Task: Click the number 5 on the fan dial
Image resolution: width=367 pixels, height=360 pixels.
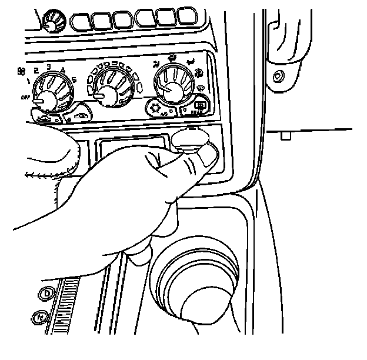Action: point(74,79)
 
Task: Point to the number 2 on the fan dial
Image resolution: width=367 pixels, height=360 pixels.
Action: point(36,71)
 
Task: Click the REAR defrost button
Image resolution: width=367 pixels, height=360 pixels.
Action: point(199,107)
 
